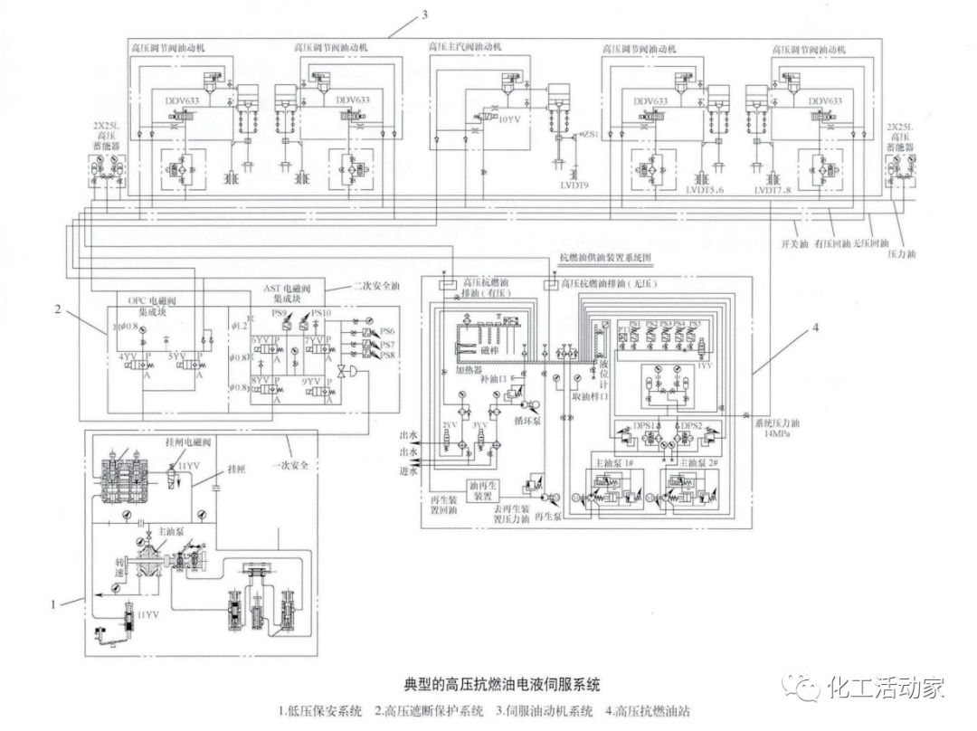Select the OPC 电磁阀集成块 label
click(x=151, y=304)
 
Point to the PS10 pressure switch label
click(x=323, y=314)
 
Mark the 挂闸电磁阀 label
click(x=187, y=441)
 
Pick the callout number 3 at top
click(x=423, y=14)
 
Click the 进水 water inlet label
click(x=409, y=470)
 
